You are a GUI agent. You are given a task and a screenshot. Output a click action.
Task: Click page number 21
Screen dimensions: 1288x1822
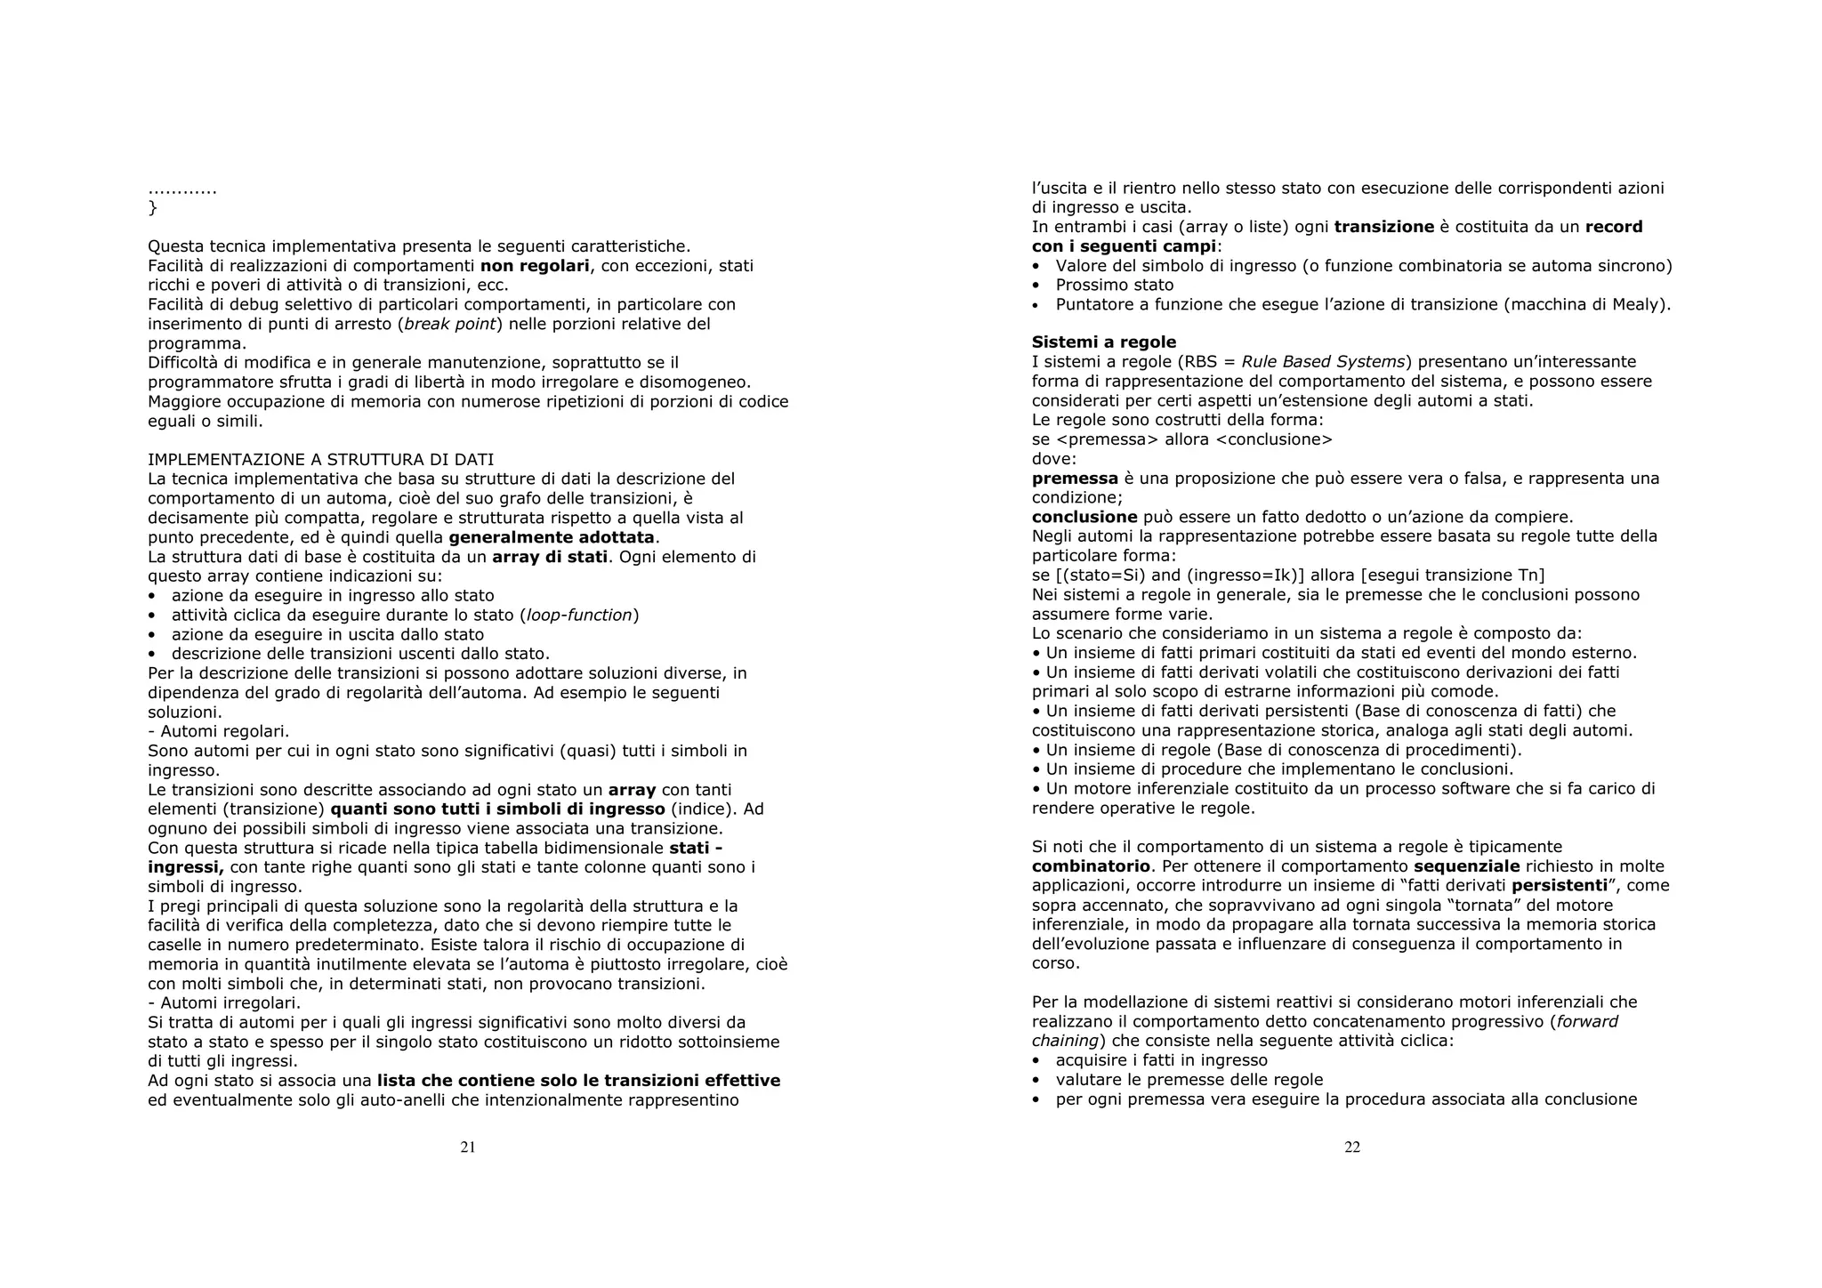click(468, 1147)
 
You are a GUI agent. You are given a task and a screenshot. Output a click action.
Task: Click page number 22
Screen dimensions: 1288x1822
click(1352, 1147)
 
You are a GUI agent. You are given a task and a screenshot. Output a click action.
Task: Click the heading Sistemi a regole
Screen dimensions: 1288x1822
click(1103, 342)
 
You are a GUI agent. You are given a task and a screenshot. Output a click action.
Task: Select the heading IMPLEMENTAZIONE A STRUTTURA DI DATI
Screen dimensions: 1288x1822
click(320, 460)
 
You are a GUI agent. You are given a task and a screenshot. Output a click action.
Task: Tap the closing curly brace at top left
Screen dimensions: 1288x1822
click(152, 208)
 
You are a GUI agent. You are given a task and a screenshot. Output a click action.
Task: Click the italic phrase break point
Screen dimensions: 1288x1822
click(449, 324)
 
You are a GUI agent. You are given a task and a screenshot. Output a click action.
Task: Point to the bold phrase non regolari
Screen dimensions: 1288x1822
click(535, 266)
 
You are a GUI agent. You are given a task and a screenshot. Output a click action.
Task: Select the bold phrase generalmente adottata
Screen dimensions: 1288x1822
click(552, 537)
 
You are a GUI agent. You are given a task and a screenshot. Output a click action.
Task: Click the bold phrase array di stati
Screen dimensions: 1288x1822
click(549, 557)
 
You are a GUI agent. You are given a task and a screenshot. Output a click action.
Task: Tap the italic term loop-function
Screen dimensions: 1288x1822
click(579, 616)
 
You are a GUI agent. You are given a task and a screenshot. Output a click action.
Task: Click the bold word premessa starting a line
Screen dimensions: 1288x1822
click(1075, 479)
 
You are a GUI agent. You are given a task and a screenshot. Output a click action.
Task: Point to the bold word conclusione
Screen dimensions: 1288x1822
click(1084, 518)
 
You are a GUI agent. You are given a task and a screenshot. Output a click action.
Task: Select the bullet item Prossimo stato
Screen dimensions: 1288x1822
click(1114, 285)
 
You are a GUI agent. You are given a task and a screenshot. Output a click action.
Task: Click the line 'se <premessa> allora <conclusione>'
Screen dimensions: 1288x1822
click(1181, 439)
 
